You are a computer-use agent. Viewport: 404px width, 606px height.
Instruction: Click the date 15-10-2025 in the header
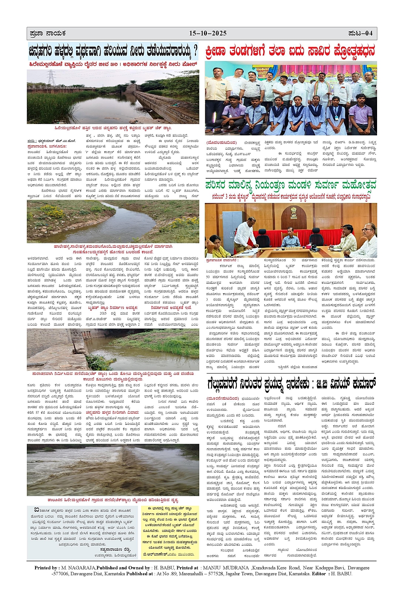coord(208,33)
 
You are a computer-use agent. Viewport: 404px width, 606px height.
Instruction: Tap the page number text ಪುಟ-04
coord(360,33)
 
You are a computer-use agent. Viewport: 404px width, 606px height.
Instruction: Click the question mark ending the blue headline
coord(195,52)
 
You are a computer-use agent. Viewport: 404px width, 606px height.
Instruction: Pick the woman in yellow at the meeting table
coord(215,245)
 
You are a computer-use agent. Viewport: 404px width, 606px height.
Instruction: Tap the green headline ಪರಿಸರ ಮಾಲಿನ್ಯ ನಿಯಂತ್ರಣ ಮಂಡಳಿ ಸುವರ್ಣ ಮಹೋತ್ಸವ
coord(290,185)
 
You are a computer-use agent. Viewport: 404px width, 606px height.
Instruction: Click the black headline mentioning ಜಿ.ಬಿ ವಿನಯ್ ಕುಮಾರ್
coord(291,384)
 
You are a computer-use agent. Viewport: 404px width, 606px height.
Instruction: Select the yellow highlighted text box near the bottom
coord(170,532)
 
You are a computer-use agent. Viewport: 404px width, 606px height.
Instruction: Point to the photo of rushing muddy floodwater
coord(113,470)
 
